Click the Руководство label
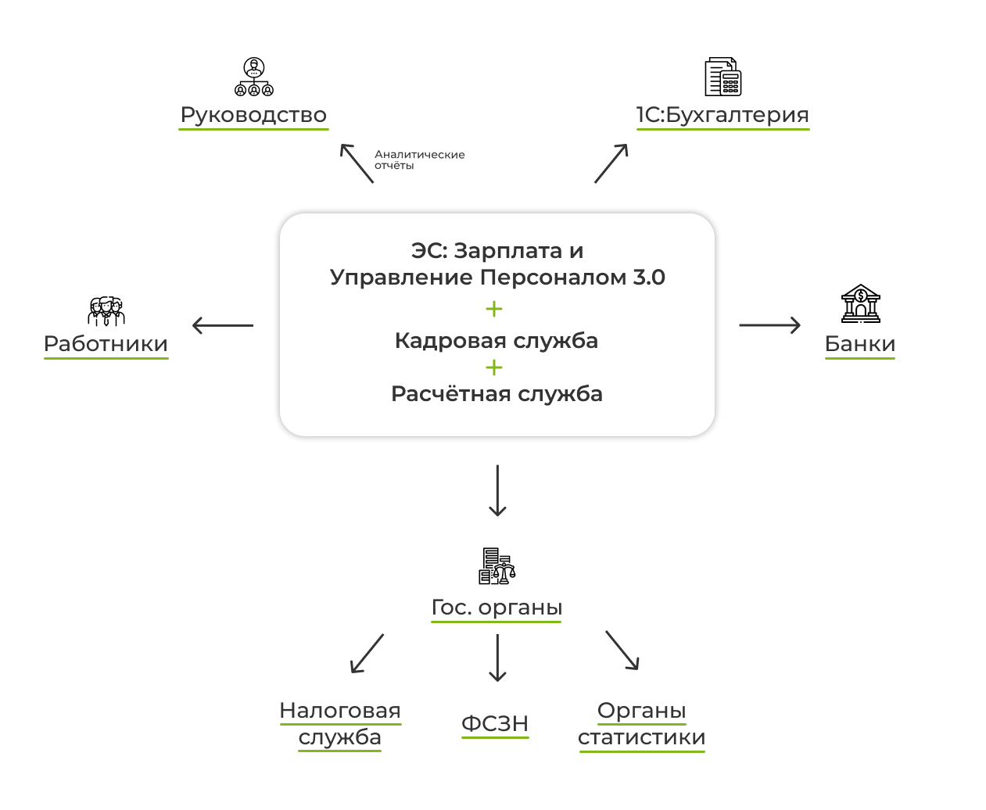tap(253, 115)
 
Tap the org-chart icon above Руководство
tap(254, 77)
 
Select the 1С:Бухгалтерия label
tap(722, 115)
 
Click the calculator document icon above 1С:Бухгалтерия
tap(722, 77)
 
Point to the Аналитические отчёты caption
tap(419, 159)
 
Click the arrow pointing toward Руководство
tap(357, 163)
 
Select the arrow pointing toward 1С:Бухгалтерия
tap(611, 163)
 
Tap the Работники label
tap(106, 344)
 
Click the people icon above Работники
tap(106, 311)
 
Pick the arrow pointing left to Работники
tap(223, 325)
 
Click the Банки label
tap(860, 344)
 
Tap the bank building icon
tap(860, 303)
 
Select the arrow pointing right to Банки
tap(769, 325)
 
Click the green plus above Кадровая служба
tap(494, 309)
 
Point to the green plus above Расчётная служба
tap(494, 367)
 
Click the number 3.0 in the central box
tap(649, 278)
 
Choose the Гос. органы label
tap(497, 607)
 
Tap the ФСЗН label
tap(495, 724)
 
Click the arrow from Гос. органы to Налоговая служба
tap(367, 654)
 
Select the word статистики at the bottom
tap(641, 737)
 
